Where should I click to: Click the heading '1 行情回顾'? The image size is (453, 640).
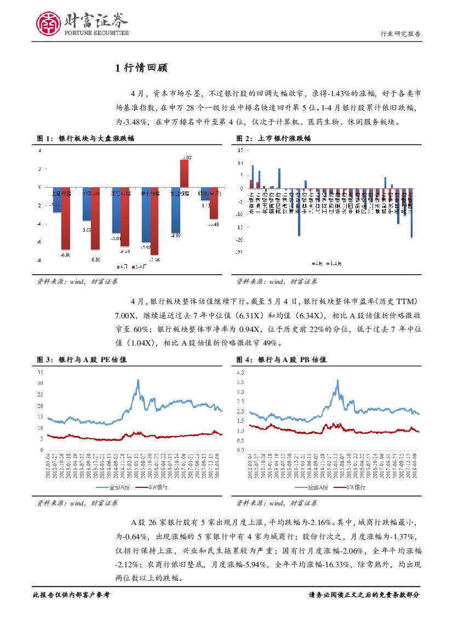point(141,68)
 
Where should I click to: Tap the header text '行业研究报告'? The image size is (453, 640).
point(400,34)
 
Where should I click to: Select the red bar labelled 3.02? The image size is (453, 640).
point(185,173)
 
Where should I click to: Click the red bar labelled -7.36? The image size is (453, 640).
point(154,220)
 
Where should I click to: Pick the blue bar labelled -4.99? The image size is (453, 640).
point(175,210)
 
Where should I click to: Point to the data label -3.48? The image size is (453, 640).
point(214,224)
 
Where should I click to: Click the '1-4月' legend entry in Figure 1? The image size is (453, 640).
point(139,267)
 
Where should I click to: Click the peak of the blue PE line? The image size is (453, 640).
point(138,380)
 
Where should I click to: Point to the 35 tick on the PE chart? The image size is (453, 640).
point(39,372)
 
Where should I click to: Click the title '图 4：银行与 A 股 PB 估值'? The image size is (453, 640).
point(281,360)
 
